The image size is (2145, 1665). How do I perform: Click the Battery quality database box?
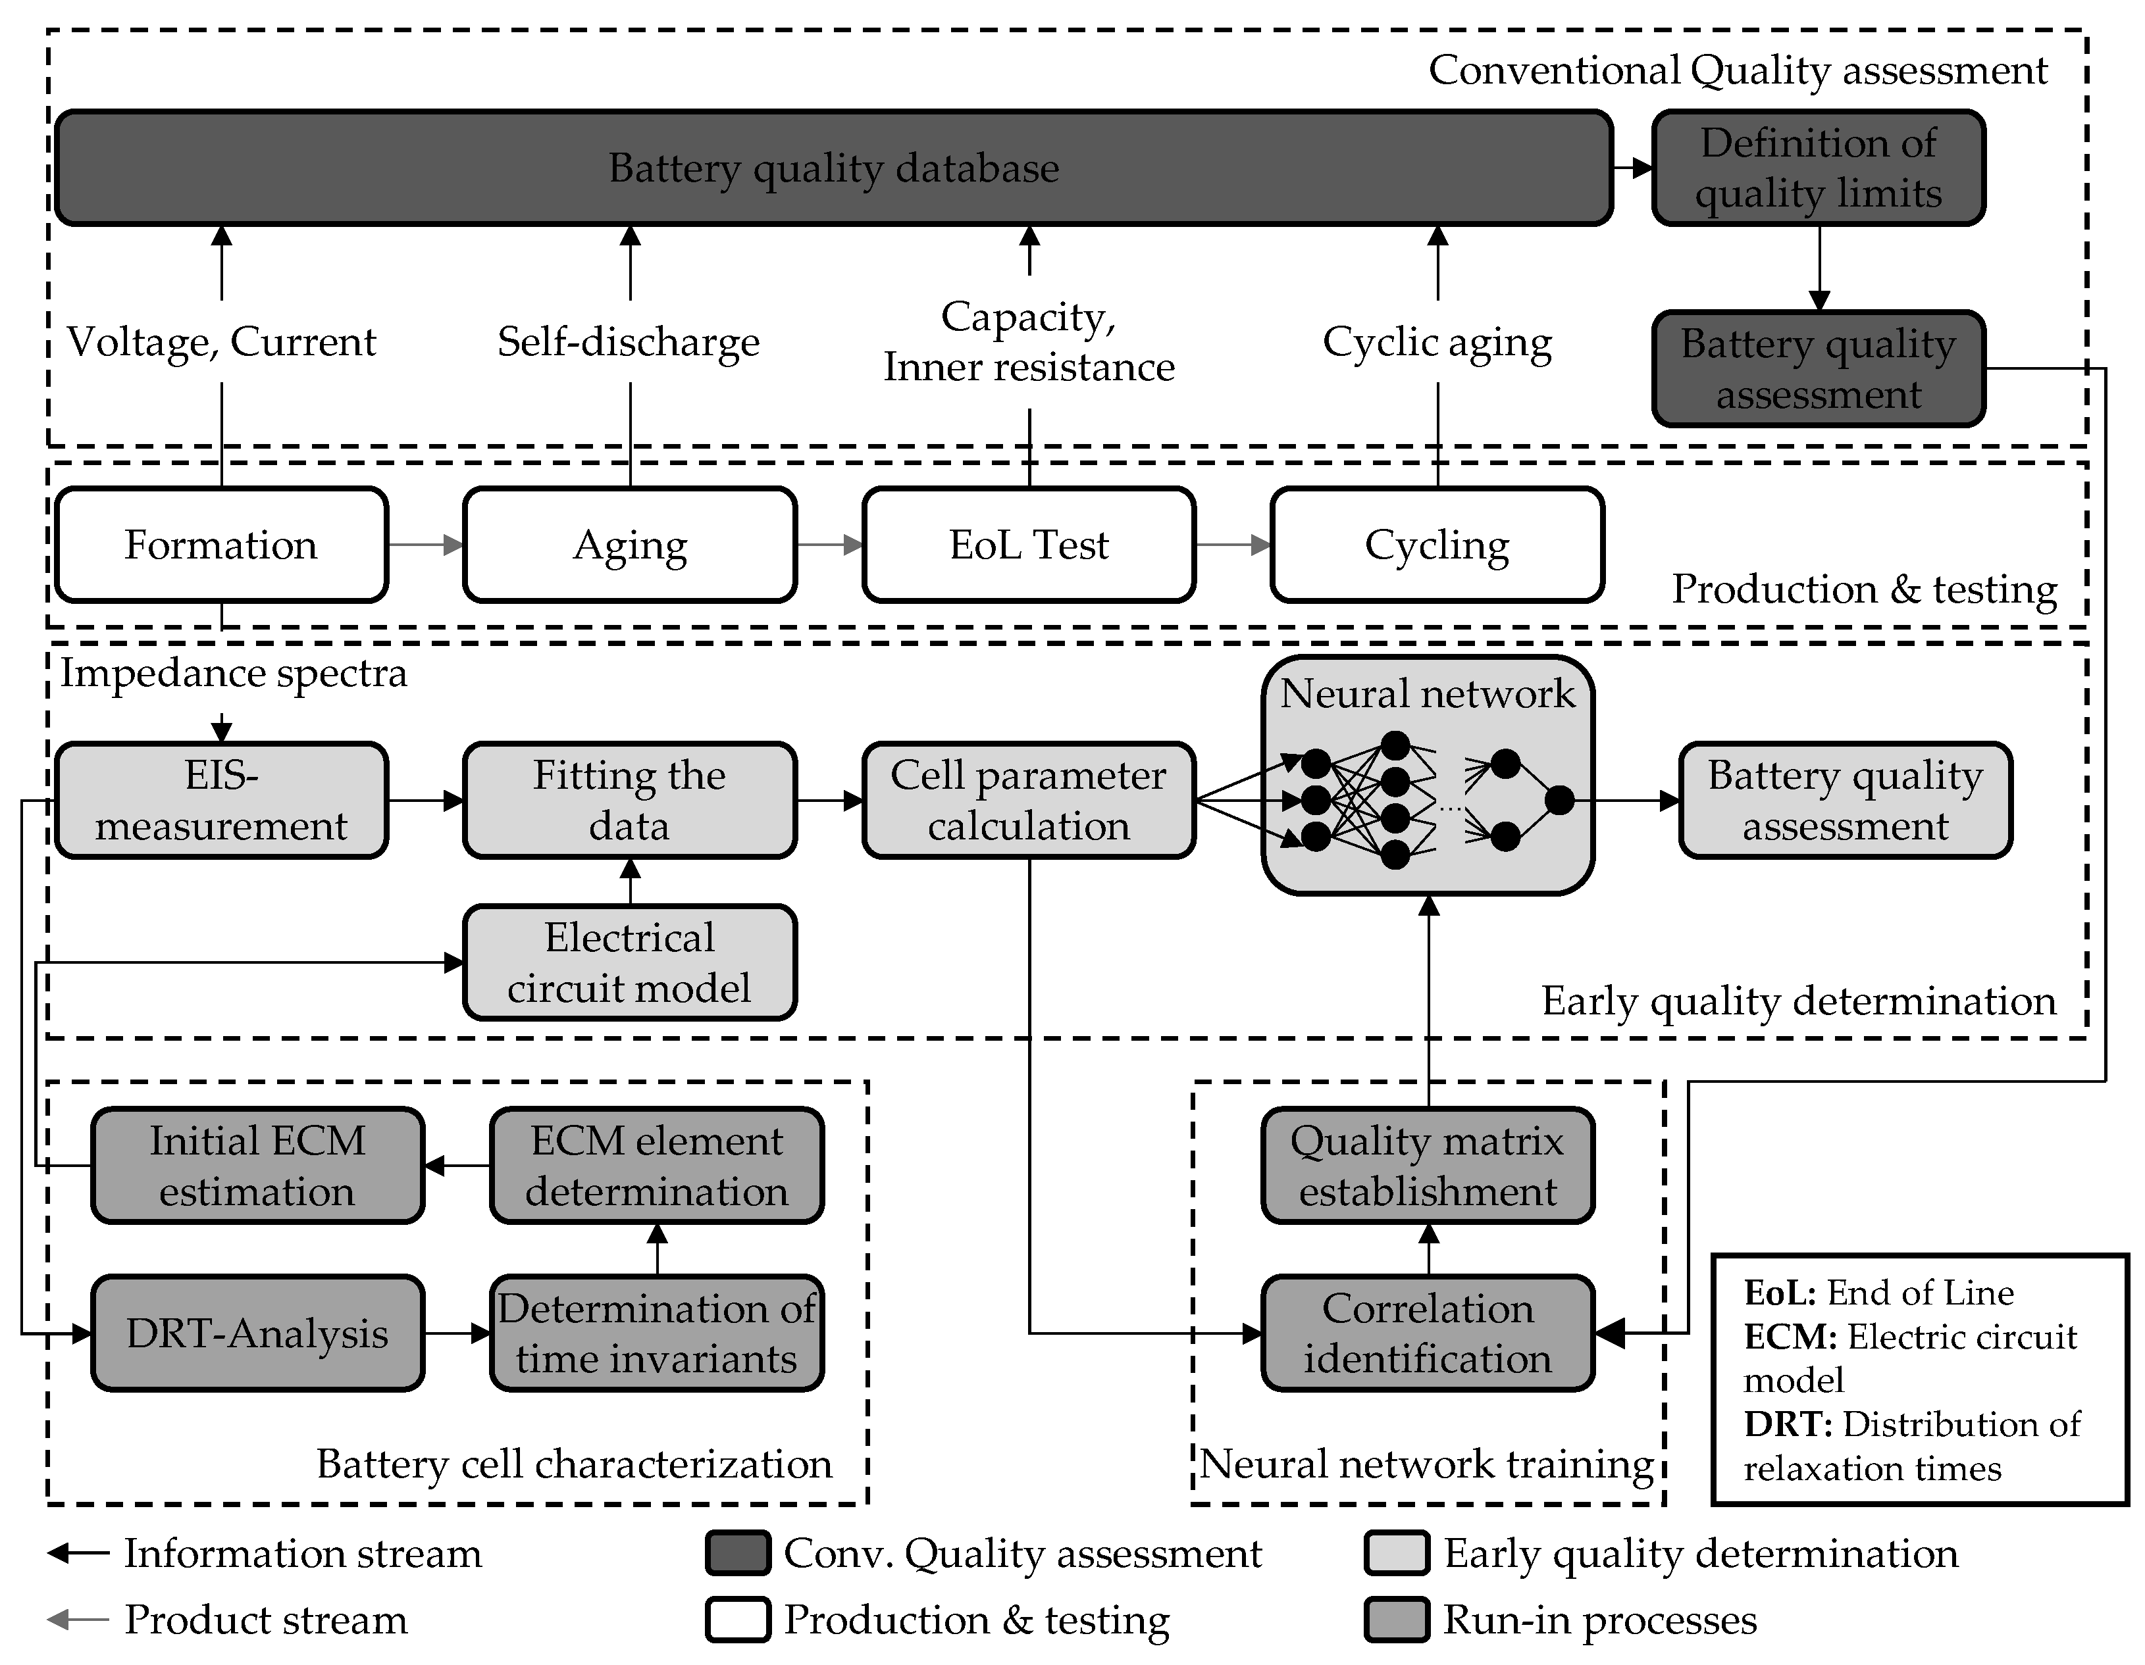pos(833,168)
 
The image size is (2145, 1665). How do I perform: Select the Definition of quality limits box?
pos(1818,168)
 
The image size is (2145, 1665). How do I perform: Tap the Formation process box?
pos(221,545)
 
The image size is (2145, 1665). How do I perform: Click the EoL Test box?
pos(1028,545)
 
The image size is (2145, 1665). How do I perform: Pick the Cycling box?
pos(1436,545)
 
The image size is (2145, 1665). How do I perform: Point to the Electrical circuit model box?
pos(630,962)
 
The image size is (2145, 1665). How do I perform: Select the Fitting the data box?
pos(630,800)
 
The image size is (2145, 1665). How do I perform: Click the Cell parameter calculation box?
pos(1028,800)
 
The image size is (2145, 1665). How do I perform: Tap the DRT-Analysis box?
pos(257,1333)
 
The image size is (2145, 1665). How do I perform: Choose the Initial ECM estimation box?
pos(257,1165)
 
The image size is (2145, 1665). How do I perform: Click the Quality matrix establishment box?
pos(1427,1165)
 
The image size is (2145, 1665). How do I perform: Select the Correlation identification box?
pos(1427,1333)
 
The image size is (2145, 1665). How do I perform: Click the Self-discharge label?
pos(629,341)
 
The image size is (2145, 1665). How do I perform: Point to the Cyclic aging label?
pos(1437,341)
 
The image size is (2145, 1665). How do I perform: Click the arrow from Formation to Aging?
pos(425,545)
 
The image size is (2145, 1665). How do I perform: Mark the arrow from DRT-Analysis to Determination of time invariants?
pos(457,1333)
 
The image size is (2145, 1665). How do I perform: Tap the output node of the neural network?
pos(1559,800)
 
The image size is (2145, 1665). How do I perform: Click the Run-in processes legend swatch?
pos(1395,1620)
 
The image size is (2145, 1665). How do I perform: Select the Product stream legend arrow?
pos(78,1620)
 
